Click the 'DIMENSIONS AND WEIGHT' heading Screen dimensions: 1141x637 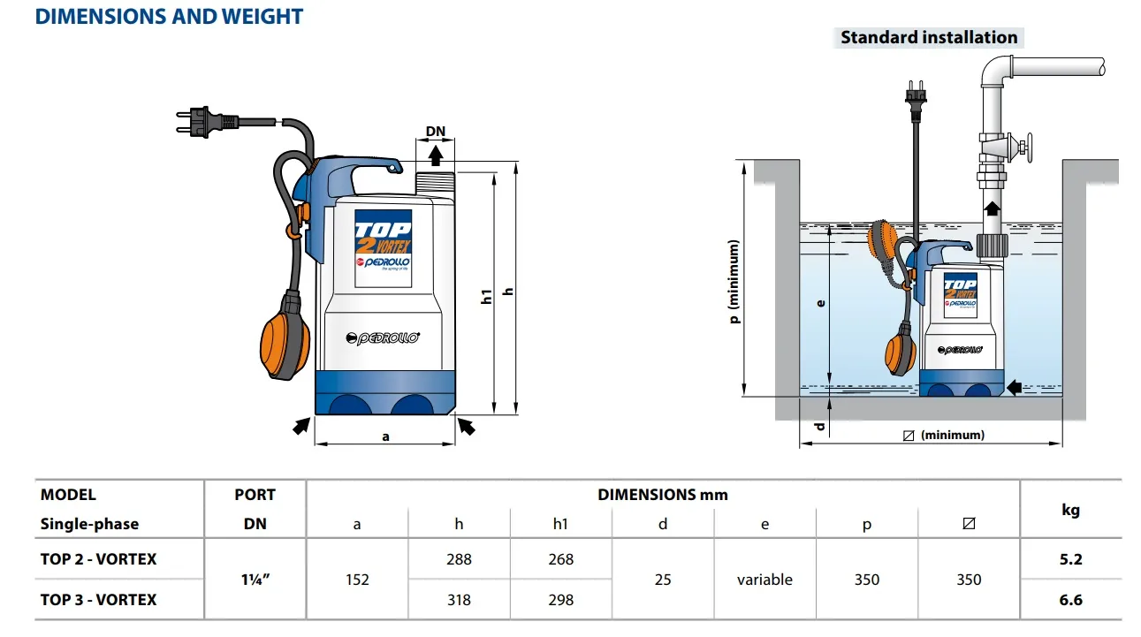pos(169,17)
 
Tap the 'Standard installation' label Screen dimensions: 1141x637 pos(929,38)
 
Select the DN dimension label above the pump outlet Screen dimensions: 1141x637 pos(436,132)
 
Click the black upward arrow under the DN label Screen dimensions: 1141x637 pos(435,155)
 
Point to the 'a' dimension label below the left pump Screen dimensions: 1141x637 pos(385,436)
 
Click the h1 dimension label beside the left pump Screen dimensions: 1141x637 pos(487,296)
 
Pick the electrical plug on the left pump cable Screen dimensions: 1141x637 pos(207,122)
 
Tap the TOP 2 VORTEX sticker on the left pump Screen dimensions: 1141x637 pos(383,248)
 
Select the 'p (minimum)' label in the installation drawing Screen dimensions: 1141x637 pos(734,282)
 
